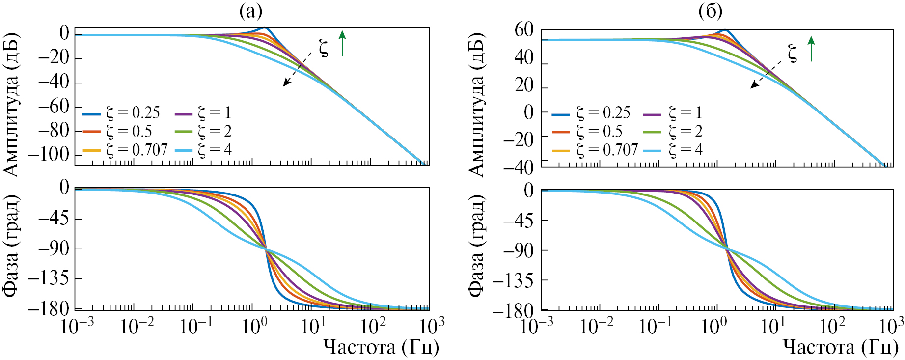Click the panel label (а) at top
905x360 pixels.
250,11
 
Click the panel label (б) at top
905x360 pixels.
711,11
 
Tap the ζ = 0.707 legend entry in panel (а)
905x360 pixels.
125,150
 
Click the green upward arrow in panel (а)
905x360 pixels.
342,42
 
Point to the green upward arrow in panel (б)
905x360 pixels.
811,48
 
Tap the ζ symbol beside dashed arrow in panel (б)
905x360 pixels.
793,53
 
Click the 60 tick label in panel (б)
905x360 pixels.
524,30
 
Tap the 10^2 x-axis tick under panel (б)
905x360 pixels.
833,326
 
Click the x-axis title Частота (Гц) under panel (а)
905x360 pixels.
381,347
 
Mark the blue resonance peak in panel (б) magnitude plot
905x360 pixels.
725,30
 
